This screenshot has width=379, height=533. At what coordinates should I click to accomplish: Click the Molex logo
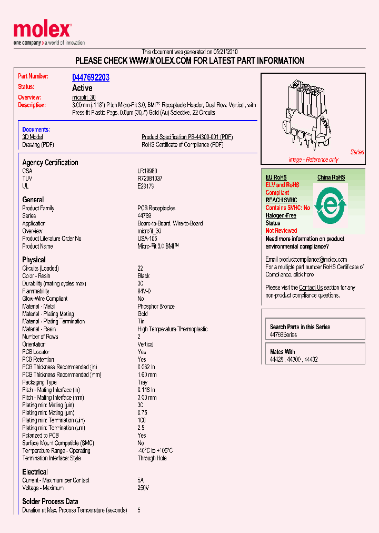click(x=42, y=31)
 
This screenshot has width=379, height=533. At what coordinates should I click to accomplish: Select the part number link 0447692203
click(x=91, y=77)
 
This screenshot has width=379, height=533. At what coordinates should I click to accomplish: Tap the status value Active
click(x=82, y=88)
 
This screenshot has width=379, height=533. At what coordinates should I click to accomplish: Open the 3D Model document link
click(x=33, y=137)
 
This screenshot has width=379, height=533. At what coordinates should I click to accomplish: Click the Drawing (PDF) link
click(x=38, y=144)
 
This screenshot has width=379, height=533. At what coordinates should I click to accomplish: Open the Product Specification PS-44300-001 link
click(x=187, y=137)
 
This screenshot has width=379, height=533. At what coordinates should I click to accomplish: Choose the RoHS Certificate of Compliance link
click(x=182, y=144)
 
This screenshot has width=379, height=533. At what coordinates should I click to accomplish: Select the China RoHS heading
click(x=331, y=177)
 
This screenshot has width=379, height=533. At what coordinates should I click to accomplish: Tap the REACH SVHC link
click(x=281, y=200)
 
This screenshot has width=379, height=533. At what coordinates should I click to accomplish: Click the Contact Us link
click(x=311, y=288)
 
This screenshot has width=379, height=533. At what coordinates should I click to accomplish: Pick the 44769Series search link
click(x=283, y=334)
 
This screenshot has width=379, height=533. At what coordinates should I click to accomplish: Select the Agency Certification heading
click(x=50, y=162)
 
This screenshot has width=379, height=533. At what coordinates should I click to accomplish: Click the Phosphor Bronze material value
click(x=156, y=306)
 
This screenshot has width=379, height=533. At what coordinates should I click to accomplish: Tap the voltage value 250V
click(x=143, y=488)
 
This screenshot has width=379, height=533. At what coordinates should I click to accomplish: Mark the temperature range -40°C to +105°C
click(x=155, y=451)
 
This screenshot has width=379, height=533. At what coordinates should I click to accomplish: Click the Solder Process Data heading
click(x=50, y=501)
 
